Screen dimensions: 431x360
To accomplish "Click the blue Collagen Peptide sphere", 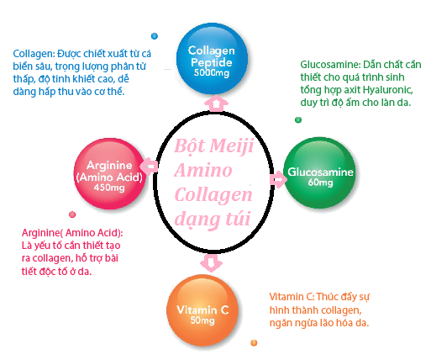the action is click(x=212, y=59).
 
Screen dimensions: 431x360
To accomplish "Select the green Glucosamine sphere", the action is click(x=319, y=172).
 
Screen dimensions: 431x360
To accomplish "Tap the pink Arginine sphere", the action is click(x=110, y=174).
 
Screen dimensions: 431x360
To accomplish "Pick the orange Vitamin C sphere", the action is click(x=202, y=310).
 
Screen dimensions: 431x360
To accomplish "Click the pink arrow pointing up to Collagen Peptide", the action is click(x=216, y=103).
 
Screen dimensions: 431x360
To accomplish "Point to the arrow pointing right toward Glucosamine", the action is click(x=278, y=178).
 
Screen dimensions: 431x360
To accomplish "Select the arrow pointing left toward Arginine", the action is click(x=149, y=167).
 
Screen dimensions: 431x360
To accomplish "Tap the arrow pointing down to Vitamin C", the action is click(x=211, y=263).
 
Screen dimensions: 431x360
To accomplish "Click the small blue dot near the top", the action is click(x=155, y=36).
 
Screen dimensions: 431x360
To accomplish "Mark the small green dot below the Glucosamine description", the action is click(x=298, y=120).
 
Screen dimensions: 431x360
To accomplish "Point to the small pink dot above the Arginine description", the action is click(x=72, y=214).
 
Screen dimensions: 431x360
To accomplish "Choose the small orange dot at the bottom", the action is click(x=254, y=342).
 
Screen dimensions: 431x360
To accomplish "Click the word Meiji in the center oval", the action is click(x=232, y=146).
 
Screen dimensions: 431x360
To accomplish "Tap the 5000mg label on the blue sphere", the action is click(x=212, y=73).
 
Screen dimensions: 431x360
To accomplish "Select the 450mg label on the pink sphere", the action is click(x=109, y=188).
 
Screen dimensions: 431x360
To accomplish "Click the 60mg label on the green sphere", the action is click(x=320, y=183).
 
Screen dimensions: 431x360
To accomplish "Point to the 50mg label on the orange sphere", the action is click(x=202, y=320).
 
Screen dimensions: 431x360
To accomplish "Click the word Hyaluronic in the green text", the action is click(x=388, y=90).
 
